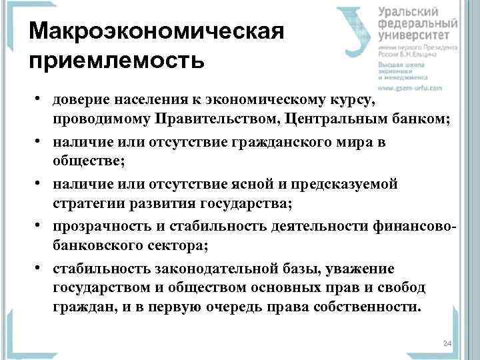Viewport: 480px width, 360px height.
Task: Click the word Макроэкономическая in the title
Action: [x=157, y=32]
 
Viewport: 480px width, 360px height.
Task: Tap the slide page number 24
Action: [x=447, y=343]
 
